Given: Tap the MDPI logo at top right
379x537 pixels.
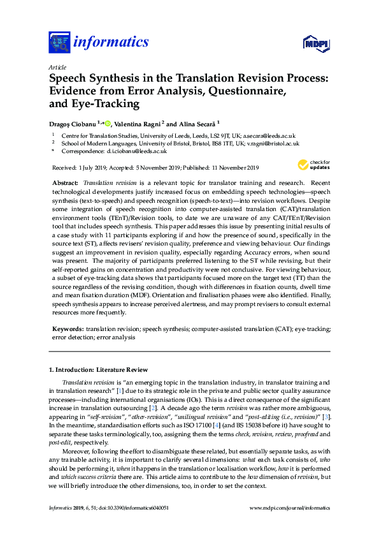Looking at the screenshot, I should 316,44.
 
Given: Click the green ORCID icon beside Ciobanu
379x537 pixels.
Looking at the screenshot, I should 108,124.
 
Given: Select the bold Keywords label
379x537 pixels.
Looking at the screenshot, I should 68,328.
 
